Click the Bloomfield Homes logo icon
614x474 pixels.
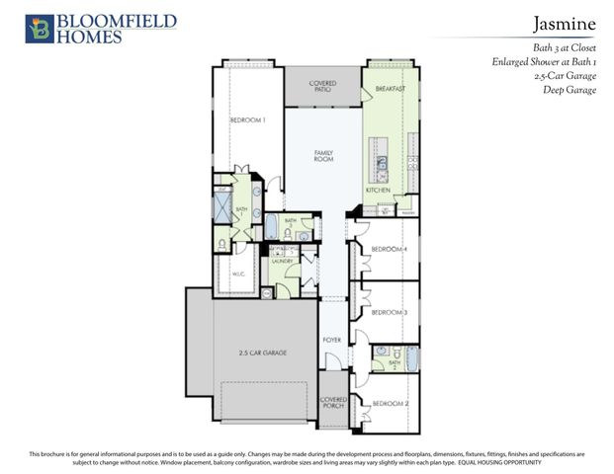click(39, 28)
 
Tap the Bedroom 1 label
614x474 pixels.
click(248, 120)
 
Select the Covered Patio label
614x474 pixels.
click(323, 86)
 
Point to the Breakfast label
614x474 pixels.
click(391, 89)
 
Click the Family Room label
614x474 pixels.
click(323, 155)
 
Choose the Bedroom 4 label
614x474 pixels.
click(390, 249)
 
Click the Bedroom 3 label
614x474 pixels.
click(390, 312)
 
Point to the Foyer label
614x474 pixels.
click(332, 340)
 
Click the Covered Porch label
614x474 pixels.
click(332, 402)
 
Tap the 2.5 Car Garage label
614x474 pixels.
click(263, 352)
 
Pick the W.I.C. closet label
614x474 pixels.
click(237, 274)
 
